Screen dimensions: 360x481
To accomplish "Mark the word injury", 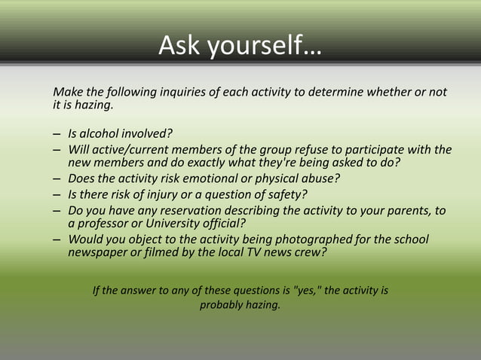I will pos(166,194).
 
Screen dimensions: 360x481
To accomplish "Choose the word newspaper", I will pos(98,252).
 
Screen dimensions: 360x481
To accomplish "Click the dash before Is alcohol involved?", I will pos(57,134).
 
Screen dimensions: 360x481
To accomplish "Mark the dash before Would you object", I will pos(57,240).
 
